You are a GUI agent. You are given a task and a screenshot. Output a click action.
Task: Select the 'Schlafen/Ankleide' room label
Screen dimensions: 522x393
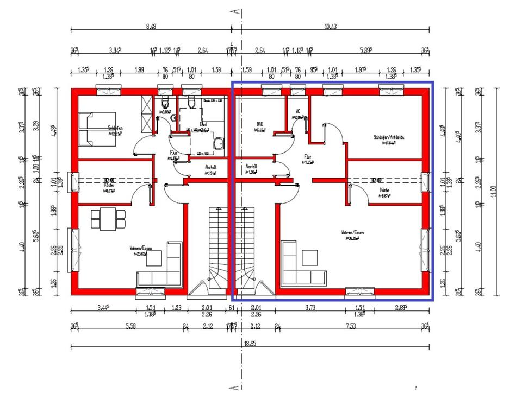pos(389,137)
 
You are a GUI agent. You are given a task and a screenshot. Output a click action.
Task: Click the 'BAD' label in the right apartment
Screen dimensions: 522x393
pos(259,123)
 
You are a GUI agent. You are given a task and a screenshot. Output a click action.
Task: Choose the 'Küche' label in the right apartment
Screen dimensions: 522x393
pos(384,190)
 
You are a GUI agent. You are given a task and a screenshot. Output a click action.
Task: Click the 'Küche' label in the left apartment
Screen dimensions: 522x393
pos(109,185)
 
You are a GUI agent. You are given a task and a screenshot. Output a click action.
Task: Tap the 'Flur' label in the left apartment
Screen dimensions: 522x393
pos(173,153)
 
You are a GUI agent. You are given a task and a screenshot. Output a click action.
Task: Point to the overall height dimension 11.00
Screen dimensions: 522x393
pos(493,192)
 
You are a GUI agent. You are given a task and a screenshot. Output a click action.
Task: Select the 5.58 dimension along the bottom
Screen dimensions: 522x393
pos(129,326)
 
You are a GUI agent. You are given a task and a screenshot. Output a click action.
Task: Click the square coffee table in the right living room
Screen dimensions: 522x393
pos(310,257)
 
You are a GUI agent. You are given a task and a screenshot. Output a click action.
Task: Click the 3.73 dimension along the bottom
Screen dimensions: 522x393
pos(310,308)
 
